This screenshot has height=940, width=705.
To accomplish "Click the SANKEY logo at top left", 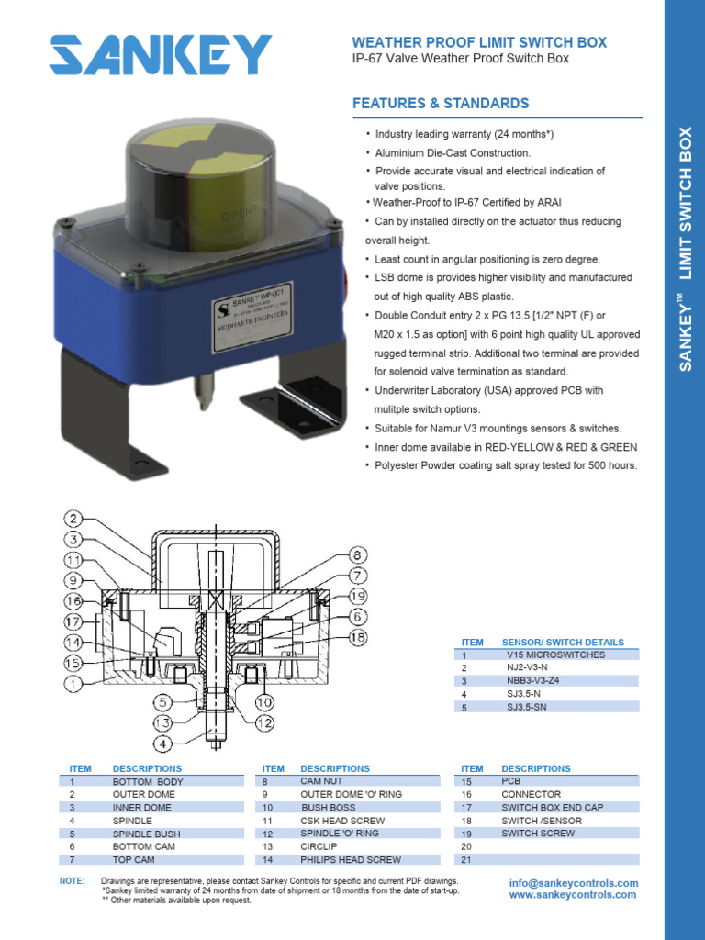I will (161, 55).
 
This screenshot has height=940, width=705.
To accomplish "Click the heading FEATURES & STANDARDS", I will (441, 104).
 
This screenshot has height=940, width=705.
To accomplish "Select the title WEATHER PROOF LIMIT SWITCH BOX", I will (479, 42).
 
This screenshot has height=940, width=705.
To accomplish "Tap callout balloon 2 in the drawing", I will (73, 520).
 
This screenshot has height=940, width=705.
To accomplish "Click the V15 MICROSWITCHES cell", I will (555, 655).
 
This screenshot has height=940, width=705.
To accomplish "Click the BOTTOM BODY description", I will (148, 781).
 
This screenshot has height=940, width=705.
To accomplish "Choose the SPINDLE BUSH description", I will (146, 834).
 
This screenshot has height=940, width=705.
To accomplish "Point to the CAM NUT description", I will (321, 781).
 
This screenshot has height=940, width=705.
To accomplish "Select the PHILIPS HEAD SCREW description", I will (351, 860).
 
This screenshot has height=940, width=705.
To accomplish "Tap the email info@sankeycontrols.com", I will (573, 882).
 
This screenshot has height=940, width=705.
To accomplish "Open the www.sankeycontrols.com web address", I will (573, 894).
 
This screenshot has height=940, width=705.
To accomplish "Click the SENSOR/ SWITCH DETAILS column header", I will (563, 642).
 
